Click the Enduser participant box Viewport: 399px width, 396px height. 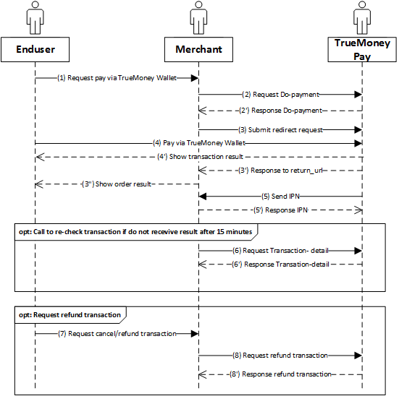click(x=35, y=50)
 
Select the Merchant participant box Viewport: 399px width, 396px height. click(x=198, y=50)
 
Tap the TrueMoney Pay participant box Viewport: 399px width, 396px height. click(x=362, y=50)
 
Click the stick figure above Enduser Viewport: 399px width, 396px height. click(x=35, y=18)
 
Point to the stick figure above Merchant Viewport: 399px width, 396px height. click(x=198, y=18)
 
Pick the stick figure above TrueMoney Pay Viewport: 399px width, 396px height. click(x=362, y=18)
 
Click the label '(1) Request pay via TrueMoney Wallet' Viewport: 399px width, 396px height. click(x=117, y=78)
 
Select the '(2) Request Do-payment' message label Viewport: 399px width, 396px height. click(x=280, y=95)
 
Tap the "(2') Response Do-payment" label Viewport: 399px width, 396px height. click(x=280, y=111)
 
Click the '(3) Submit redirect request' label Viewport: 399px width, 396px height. click(x=280, y=130)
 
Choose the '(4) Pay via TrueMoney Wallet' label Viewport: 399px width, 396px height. click(x=199, y=143)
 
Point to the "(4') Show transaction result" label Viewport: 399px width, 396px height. click(x=201, y=157)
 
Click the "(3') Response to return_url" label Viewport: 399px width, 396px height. click(x=280, y=171)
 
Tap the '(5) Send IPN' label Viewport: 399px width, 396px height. click(x=280, y=197)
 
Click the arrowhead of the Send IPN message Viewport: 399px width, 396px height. click(x=202, y=197)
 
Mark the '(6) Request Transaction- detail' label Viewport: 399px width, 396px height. click(x=280, y=251)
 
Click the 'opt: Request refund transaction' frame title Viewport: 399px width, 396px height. click(x=70, y=315)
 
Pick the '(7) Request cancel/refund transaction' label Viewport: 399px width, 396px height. click(x=117, y=334)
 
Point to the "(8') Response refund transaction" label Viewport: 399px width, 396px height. click(x=280, y=374)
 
